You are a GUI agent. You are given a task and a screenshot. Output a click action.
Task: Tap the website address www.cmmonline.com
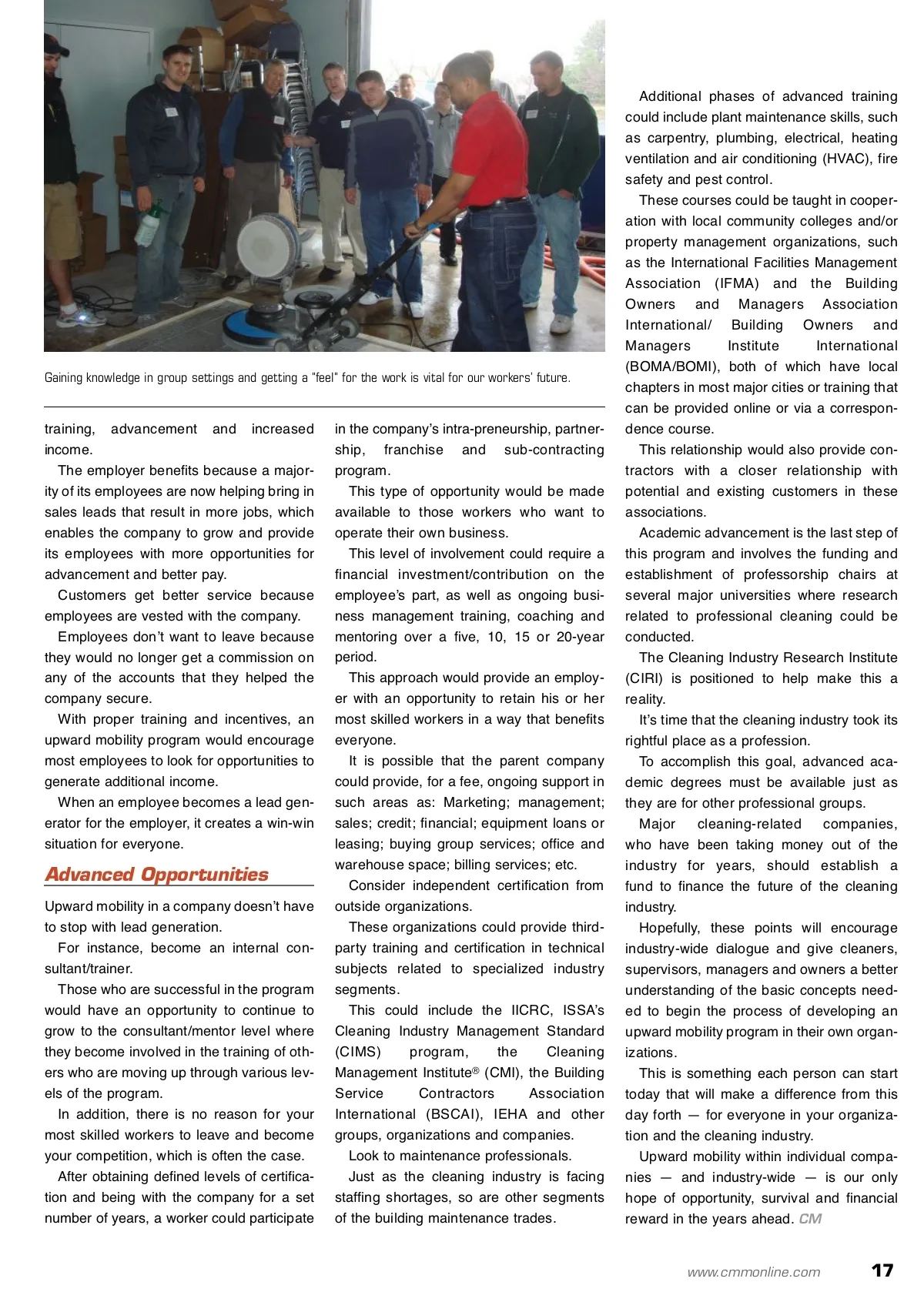754,1272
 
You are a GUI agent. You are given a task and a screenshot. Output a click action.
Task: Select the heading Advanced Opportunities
156,875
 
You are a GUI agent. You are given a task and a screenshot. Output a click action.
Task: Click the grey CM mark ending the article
810,1219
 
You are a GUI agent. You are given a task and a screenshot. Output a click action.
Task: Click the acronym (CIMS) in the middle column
357,1052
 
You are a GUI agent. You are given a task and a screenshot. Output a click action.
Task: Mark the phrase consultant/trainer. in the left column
89,969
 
